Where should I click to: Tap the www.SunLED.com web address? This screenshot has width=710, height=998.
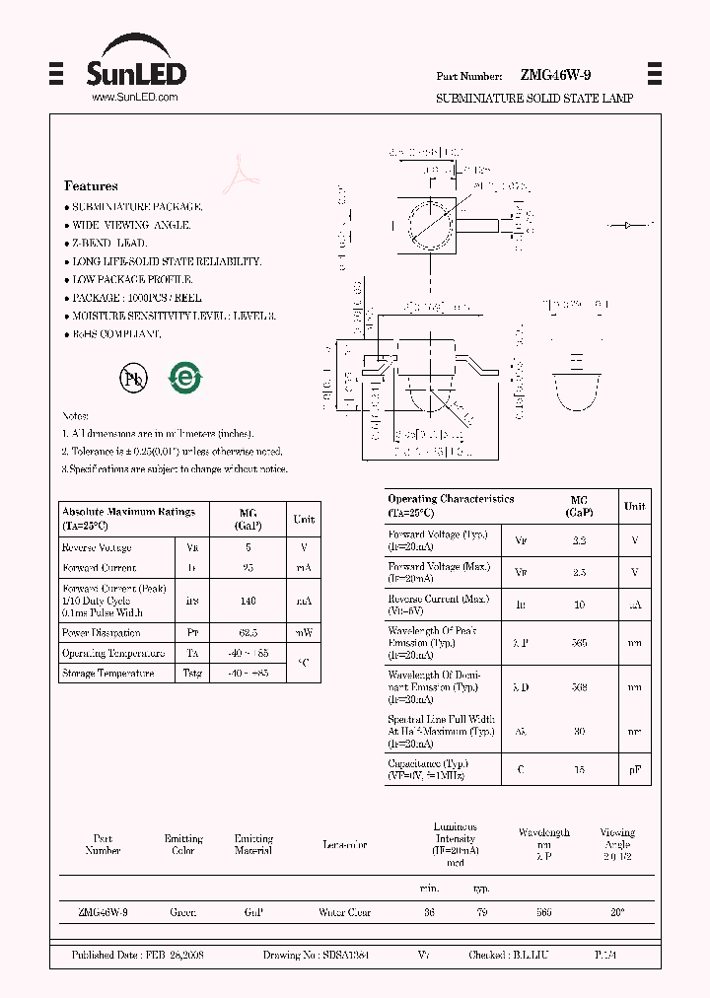pos(134,98)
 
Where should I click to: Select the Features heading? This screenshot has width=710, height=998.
pos(91,185)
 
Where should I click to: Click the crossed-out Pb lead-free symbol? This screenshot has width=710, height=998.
pos(132,378)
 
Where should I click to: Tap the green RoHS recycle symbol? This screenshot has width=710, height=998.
pos(184,378)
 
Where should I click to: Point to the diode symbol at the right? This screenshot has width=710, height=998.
pos(630,226)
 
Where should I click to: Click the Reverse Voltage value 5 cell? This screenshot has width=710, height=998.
pos(248,547)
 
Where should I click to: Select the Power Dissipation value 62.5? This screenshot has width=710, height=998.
pos(248,632)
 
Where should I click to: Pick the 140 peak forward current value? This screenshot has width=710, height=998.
pos(248,600)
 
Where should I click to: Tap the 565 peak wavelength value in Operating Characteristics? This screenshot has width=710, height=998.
pos(579,642)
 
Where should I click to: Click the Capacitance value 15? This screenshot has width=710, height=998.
pos(579,769)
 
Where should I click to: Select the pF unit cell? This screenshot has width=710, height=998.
pos(635,769)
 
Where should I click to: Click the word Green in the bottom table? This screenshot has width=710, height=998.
pos(182,913)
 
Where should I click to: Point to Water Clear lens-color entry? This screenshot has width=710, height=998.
pos(344,913)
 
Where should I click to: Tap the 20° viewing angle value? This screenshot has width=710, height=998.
pos(617,913)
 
